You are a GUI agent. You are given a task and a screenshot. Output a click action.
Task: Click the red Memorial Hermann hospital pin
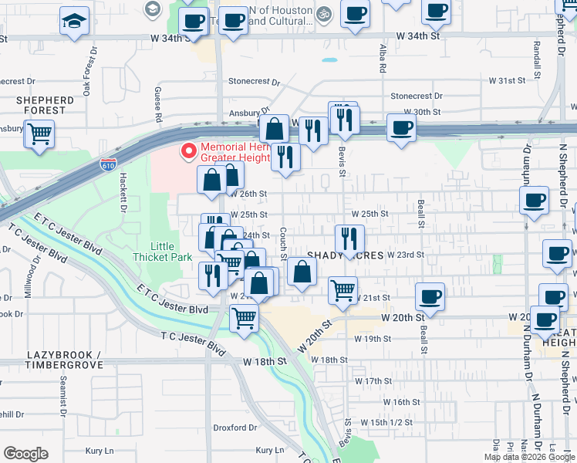tap(187, 150)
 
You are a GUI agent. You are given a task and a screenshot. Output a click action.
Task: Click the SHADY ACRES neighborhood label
tap(346, 255)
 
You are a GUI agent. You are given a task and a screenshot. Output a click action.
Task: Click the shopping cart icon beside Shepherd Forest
tap(39, 133)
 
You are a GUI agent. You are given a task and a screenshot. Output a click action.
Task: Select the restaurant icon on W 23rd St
tap(349, 238)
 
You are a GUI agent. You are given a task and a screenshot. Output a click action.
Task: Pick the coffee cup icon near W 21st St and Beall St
tap(430, 296)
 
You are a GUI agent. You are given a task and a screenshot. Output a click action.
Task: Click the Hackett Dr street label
tap(122, 191)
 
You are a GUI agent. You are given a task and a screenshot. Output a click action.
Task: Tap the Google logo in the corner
tap(25, 454)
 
